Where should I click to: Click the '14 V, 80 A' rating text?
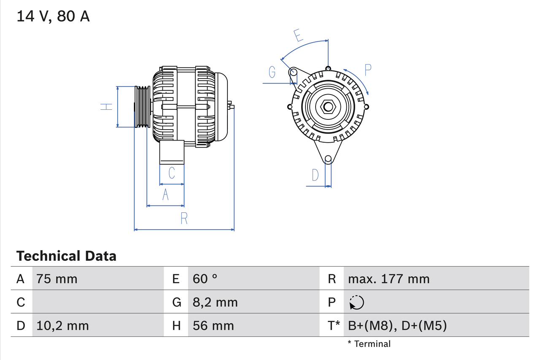(53, 16)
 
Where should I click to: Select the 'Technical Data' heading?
(66, 256)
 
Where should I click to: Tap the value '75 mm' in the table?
(57, 279)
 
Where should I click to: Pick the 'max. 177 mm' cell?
(389, 279)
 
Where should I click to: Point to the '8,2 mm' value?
(215, 302)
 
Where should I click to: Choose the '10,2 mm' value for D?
(62, 325)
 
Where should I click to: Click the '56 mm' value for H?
(213, 325)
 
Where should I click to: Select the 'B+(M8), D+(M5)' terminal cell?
(397, 325)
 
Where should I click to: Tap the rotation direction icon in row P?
(356, 302)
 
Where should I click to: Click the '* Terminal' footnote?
(369, 344)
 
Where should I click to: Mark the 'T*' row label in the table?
(333, 325)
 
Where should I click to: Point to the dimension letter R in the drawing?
(184, 219)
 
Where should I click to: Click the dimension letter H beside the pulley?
(107, 107)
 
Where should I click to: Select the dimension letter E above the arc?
(299, 35)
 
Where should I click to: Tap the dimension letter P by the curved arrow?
(367, 70)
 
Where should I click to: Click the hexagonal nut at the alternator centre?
(328, 107)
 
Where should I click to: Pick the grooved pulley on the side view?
(142, 107)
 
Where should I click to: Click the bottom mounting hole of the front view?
(328, 159)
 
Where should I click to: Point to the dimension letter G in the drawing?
(272, 73)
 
